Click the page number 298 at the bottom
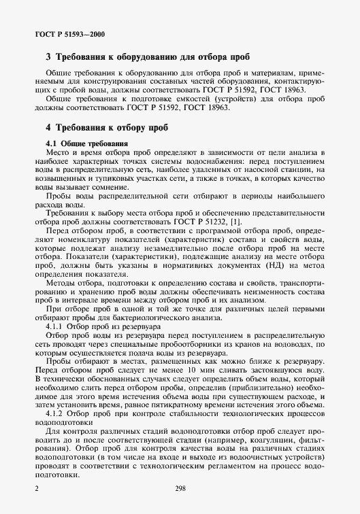(180, 487)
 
